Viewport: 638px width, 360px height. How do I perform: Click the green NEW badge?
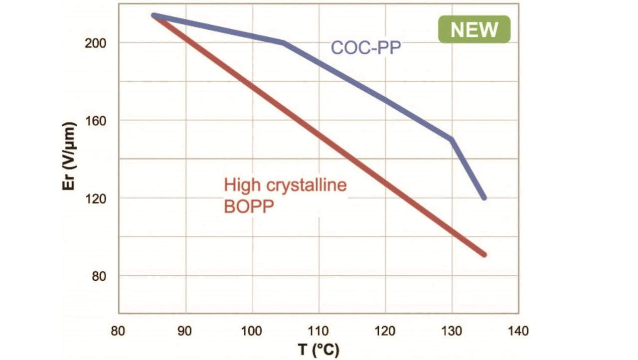click(x=474, y=29)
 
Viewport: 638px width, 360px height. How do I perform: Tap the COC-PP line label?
click(x=366, y=48)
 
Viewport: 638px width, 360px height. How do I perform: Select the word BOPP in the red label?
click(x=249, y=206)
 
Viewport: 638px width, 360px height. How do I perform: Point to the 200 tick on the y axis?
click(x=98, y=43)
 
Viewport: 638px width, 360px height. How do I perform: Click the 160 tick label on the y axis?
click(x=98, y=121)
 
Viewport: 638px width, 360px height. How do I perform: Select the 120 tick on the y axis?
click(x=98, y=198)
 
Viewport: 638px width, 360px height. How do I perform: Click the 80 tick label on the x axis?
click(x=119, y=330)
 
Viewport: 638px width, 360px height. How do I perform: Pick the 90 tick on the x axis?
click(x=185, y=330)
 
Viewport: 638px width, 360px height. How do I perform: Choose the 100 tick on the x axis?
click(x=252, y=330)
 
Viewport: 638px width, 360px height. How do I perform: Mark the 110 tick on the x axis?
click(x=319, y=330)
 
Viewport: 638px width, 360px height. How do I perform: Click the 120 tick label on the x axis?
click(x=385, y=330)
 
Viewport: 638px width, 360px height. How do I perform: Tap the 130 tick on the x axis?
click(x=452, y=330)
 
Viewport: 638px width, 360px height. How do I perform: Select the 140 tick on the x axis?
click(x=518, y=330)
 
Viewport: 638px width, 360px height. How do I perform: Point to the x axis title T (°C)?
click(x=319, y=350)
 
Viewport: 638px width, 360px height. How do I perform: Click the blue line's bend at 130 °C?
click(x=452, y=139)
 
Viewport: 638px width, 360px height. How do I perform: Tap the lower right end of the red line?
click(x=484, y=255)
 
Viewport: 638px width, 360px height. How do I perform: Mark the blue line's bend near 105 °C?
click(x=284, y=43)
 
